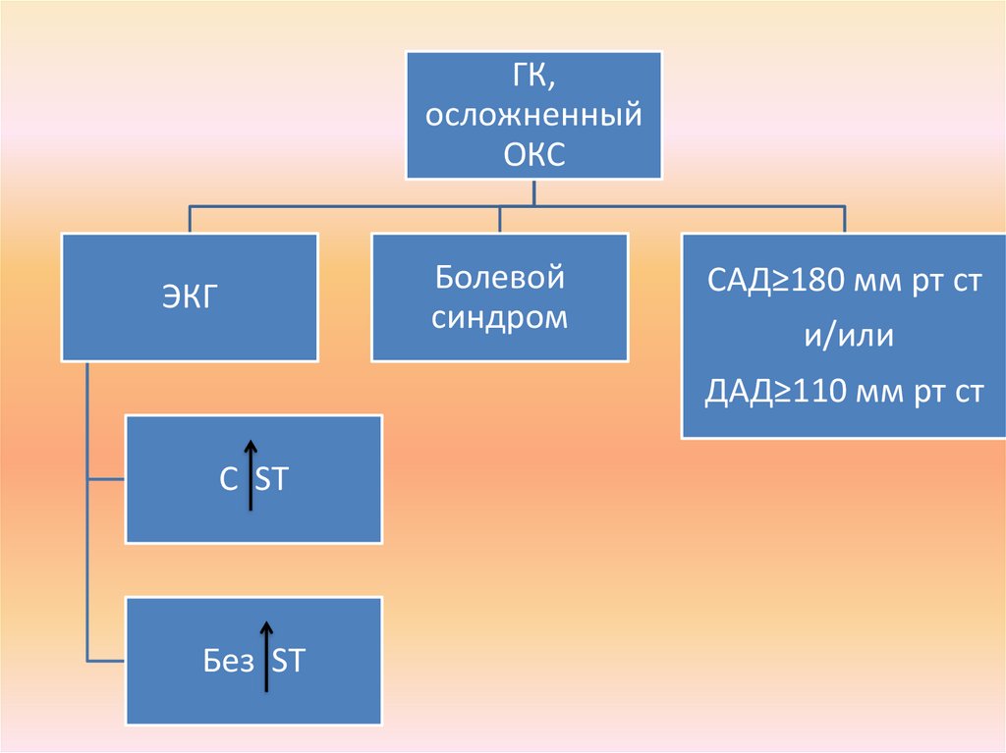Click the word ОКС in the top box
click(x=534, y=156)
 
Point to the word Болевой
click(x=499, y=278)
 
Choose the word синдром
click(x=499, y=318)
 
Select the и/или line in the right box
click(x=844, y=337)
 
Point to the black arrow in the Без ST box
click(x=265, y=656)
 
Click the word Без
click(x=228, y=662)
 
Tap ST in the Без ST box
click(x=288, y=662)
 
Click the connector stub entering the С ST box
click(x=106, y=479)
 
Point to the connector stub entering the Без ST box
click(x=106, y=658)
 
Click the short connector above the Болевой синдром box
click(x=499, y=220)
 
